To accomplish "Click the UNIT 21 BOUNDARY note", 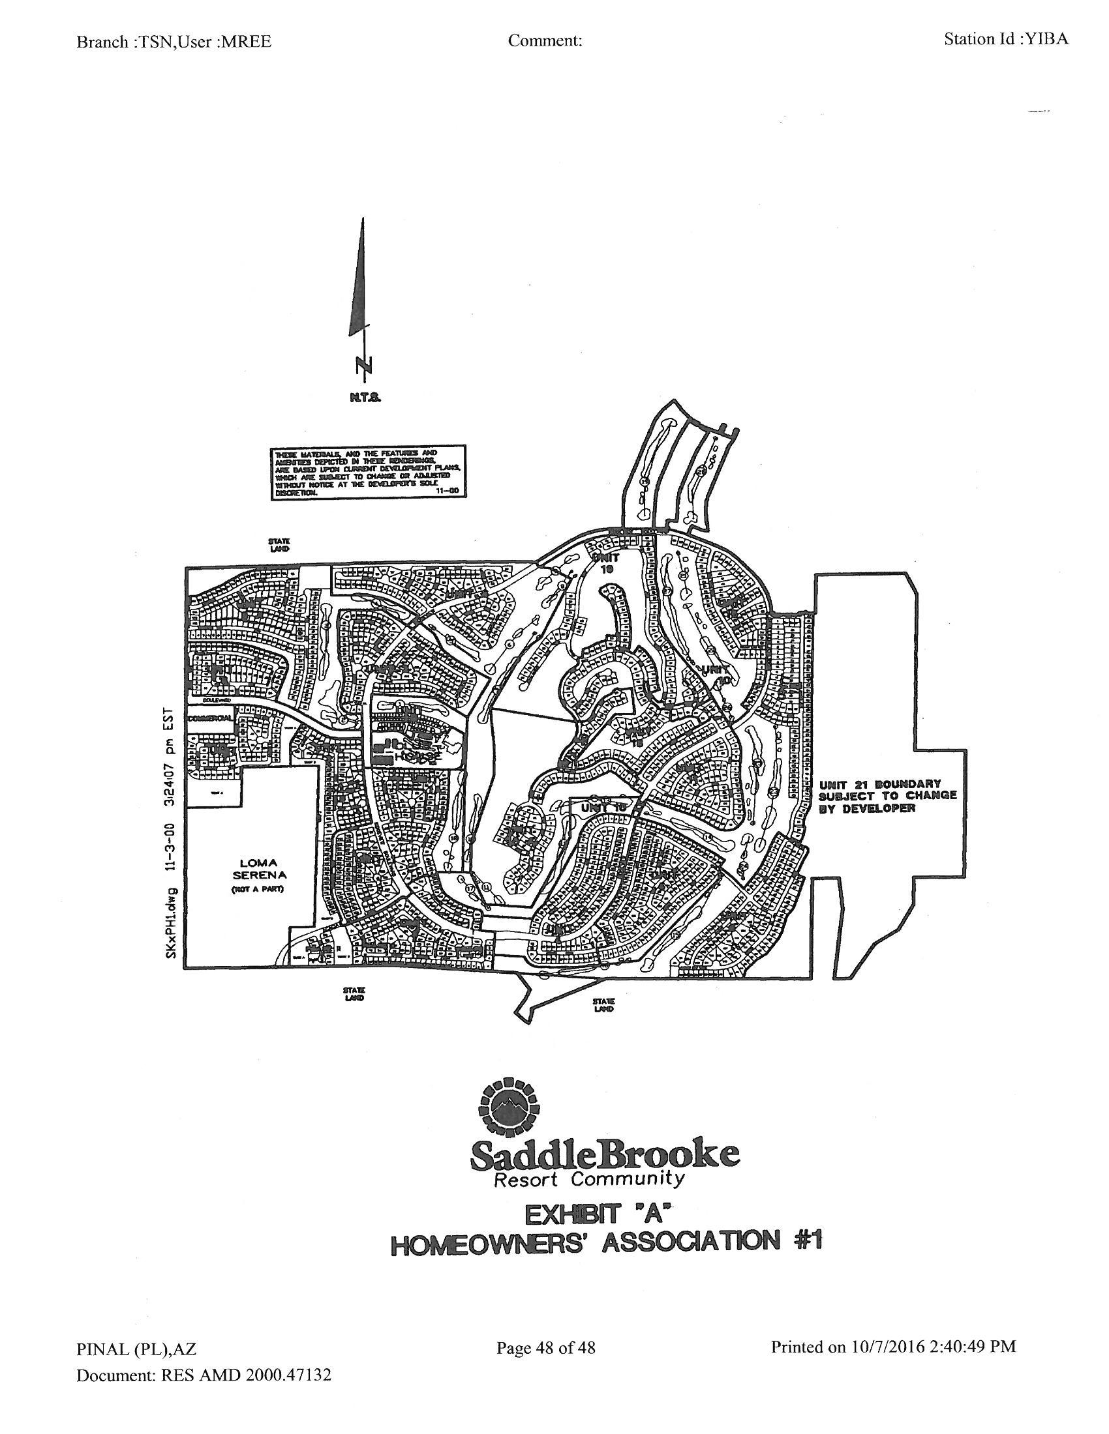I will (x=887, y=796).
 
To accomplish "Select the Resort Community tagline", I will (x=588, y=1180).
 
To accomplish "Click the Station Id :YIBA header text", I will (x=1006, y=39).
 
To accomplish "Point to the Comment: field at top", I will (x=545, y=40).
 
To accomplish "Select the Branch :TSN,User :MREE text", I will (x=174, y=42).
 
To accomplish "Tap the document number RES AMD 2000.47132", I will (x=246, y=1375).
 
